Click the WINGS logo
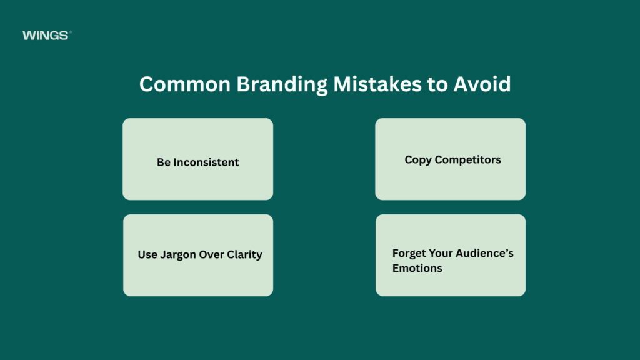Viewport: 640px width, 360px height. pos(47,36)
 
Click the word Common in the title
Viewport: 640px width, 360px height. pos(185,84)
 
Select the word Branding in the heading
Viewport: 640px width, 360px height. pos(282,85)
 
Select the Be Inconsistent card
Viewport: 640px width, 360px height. pos(198,159)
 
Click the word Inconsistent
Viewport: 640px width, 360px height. pos(206,162)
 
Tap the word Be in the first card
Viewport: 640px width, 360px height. pos(164,162)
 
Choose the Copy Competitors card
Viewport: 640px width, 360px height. pos(451,159)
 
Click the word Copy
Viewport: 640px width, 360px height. pos(418,160)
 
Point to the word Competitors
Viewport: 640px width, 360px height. pos(467,160)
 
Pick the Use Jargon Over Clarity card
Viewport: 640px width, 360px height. pos(198,256)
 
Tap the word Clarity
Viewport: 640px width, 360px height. pos(244,255)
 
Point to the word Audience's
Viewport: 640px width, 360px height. pos(484,254)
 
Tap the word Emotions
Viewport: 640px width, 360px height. pos(417,268)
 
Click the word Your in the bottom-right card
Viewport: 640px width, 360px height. pos(441,254)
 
